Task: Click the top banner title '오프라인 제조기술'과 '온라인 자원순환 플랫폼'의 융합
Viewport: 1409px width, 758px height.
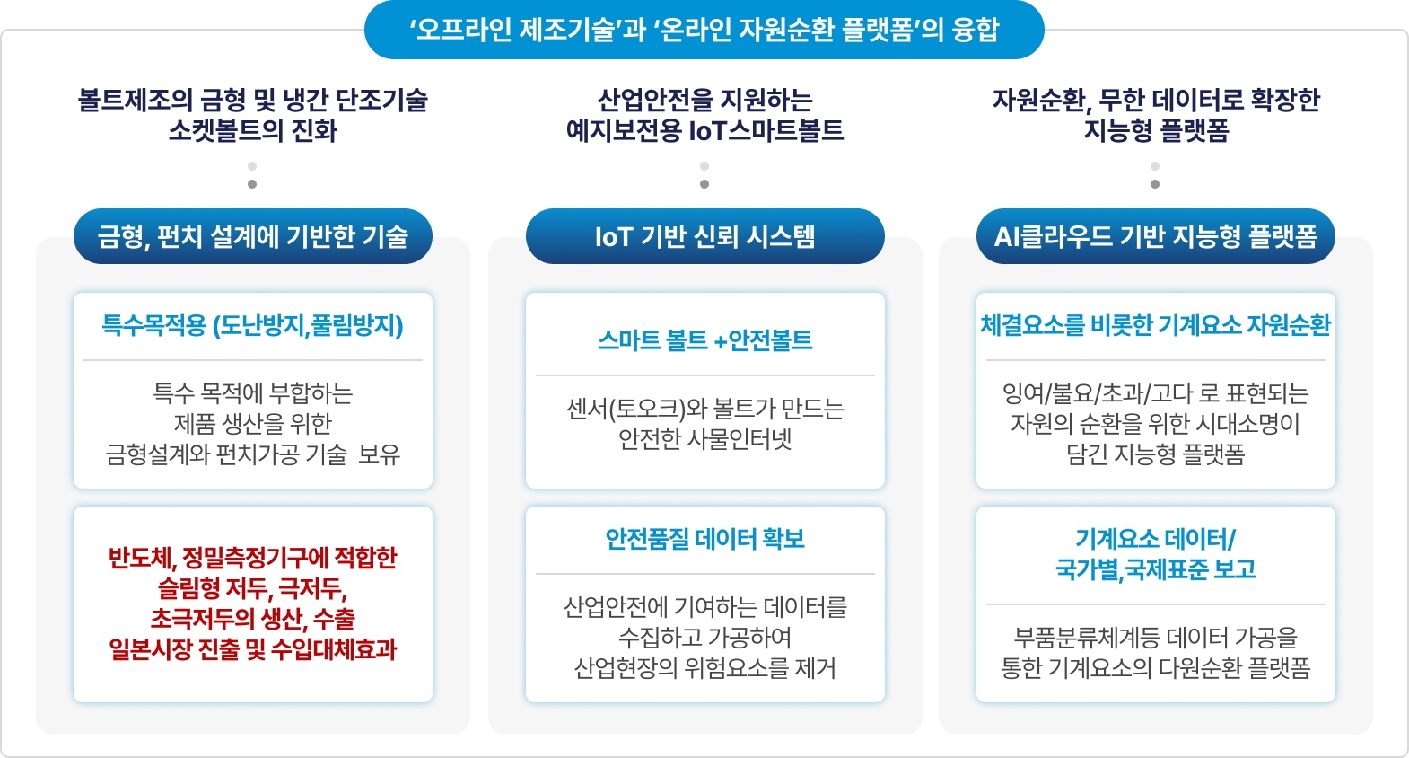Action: (x=704, y=30)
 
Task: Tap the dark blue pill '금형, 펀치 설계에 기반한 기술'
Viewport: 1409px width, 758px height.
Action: (x=252, y=236)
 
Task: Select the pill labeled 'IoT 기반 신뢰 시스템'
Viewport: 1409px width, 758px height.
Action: (x=704, y=236)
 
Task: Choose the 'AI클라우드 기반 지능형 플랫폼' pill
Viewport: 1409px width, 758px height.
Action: (x=1155, y=236)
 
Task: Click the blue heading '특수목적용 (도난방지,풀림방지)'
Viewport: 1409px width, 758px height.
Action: (x=252, y=325)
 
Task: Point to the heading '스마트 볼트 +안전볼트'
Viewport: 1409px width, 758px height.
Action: (x=704, y=340)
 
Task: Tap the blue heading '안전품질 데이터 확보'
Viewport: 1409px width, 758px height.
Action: (x=704, y=539)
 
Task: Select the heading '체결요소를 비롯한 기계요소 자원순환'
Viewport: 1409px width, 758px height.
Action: (x=1155, y=325)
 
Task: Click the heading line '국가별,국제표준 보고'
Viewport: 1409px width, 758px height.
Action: (x=1155, y=569)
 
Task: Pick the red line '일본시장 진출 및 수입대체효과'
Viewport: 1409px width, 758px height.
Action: (x=252, y=649)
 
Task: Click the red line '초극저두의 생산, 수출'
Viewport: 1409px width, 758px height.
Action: (x=252, y=619)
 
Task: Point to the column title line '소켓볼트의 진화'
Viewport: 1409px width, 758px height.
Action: (x=252, y=131)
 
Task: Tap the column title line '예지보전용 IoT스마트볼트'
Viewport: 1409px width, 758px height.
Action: (x=704, y=131)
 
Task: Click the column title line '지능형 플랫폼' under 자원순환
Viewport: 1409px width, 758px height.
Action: (x=1155, y=131)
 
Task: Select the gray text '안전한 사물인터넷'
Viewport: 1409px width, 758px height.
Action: (x=704, y=439)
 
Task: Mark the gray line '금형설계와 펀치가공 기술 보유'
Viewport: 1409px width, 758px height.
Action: (x=252, y=454)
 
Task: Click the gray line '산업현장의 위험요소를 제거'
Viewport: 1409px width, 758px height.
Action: (x=704, y=668)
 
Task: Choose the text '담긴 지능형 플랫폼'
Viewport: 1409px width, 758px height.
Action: (x=1155, y=454)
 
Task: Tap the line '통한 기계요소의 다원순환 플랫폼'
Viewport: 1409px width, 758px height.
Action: (x=1155, y=668)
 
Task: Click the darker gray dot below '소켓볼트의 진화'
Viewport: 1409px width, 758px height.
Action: (x=252, y=184)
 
